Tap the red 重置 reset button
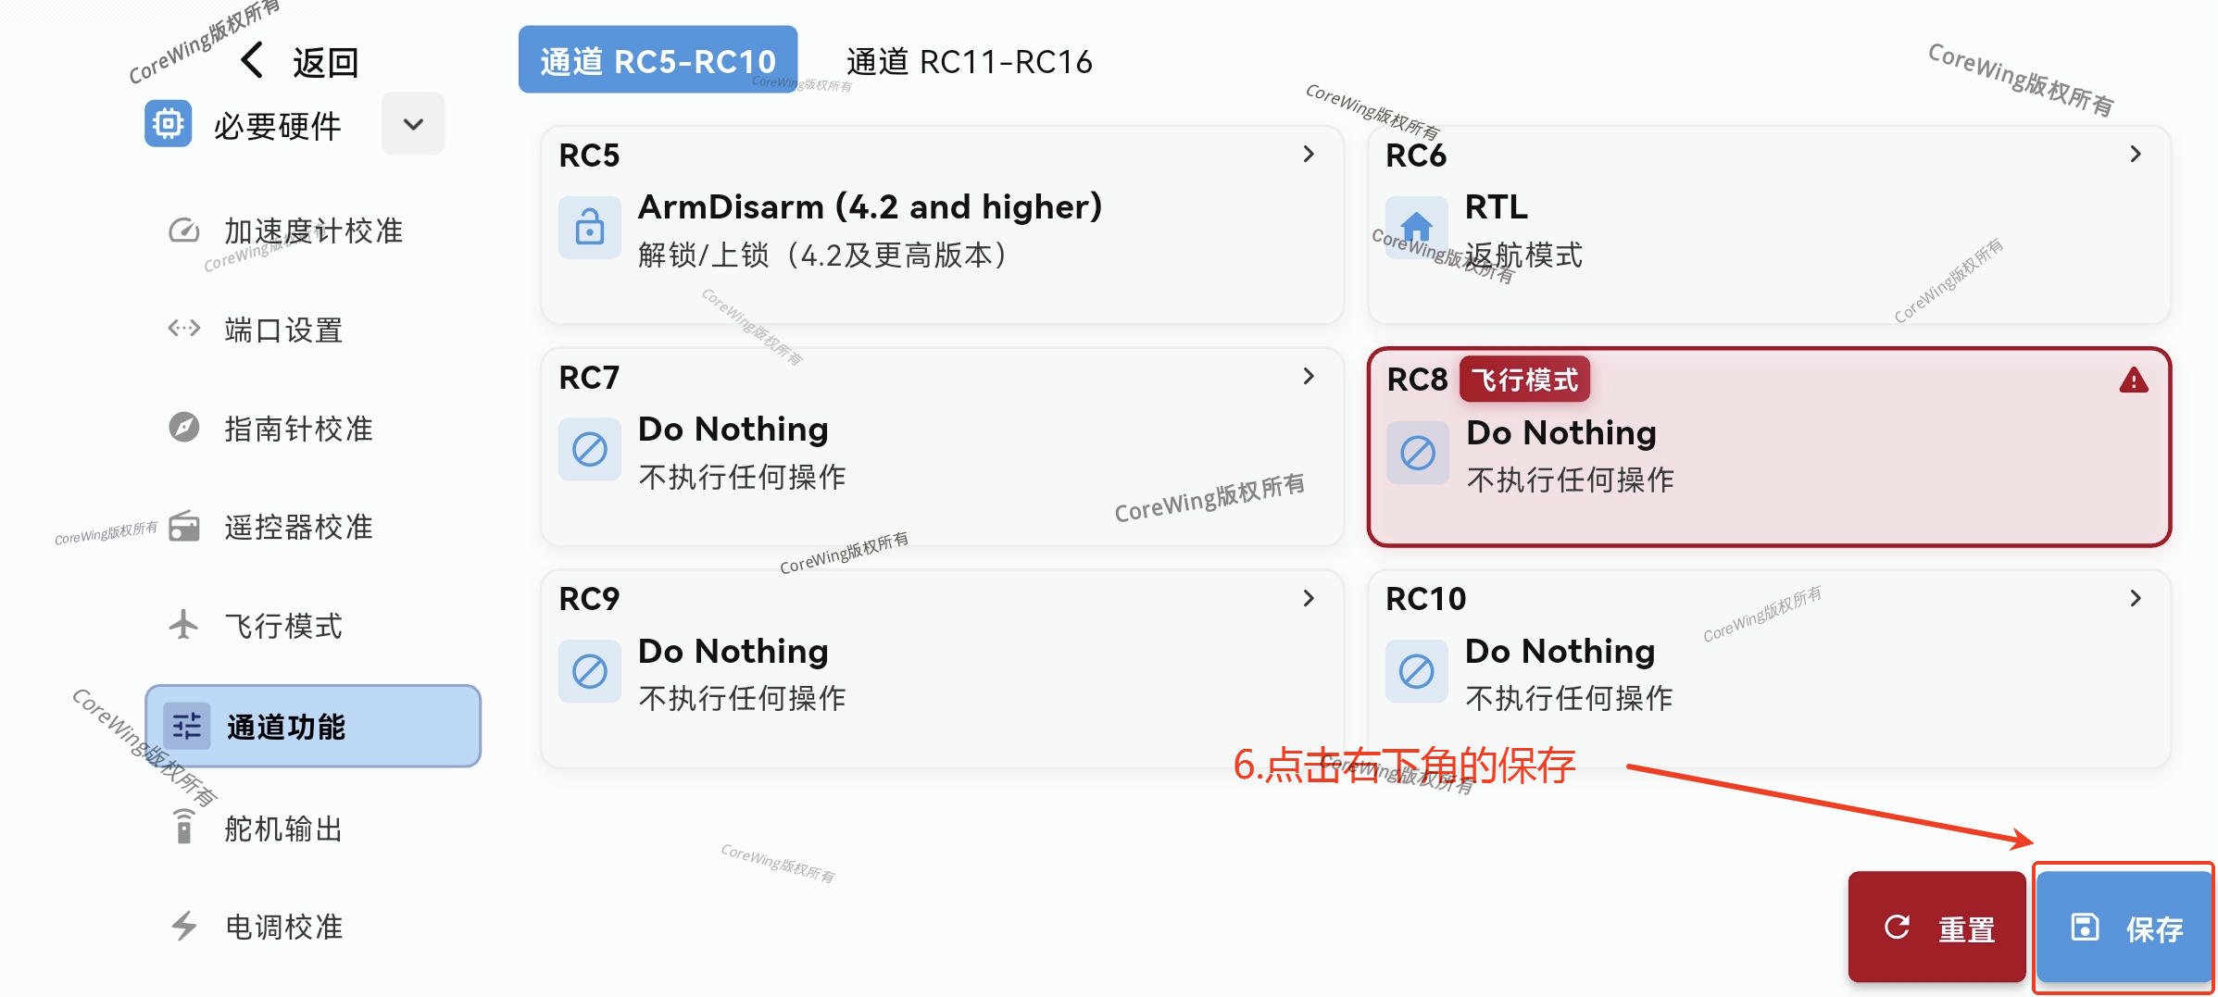click(1937, 928)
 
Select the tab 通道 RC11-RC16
click(969, 61)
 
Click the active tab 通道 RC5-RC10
click(658, 60)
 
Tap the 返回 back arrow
click(252, 61)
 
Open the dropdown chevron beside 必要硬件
click(413, 124)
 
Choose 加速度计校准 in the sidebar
click(312, 231)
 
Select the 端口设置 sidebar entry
click(282, 330)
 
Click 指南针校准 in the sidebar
click(297, 429)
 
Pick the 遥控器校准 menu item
click(297, 527)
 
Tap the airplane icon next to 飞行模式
click(183, 625)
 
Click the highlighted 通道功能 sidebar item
click(313, 727)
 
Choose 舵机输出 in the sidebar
click(282, 828)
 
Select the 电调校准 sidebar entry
click(282, 927)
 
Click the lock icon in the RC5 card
click(589, 227)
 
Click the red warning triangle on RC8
click(2134, 380)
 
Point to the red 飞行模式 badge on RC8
click(1524, 380)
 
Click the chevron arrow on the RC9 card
click(1309, 599)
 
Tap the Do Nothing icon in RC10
click(1416, 671)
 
